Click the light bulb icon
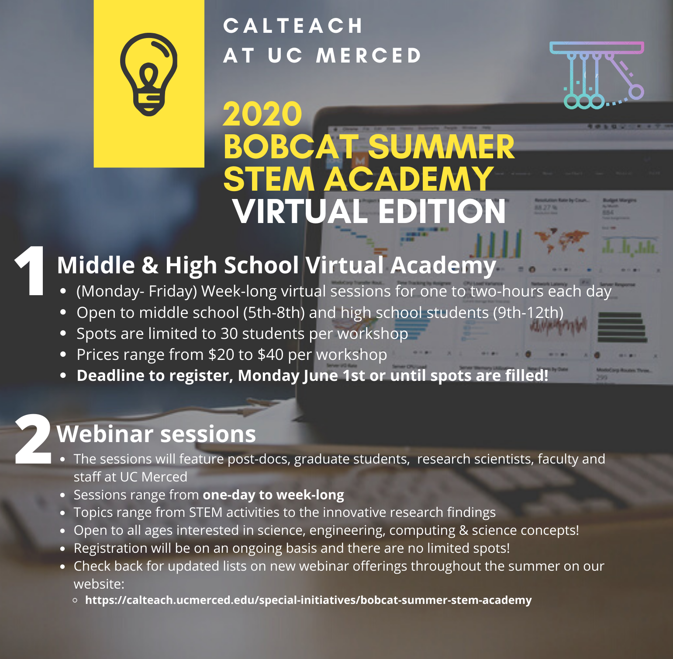(149, 74)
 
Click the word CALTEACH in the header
(293, 26)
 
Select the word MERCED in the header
(369, 56)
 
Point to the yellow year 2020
(262, 115)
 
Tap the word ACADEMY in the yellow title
(409, 179)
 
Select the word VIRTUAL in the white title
(300, 212)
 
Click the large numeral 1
(31, 271)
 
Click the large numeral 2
(33, 439)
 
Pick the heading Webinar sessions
(156, 434)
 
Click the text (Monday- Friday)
(137, 291)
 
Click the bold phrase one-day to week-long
(273, 495)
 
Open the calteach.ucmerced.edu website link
(308, 600)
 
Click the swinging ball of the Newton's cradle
(636, 92)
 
